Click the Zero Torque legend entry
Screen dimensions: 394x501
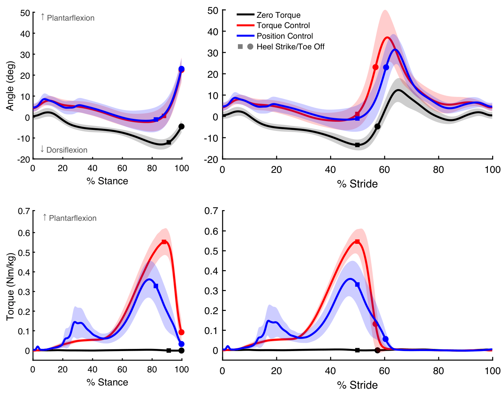tap(278, 15)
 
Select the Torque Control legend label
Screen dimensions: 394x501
tap(283, 26)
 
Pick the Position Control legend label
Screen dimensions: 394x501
tap(285, 36)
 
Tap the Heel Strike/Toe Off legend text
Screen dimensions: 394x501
tap(290, 47)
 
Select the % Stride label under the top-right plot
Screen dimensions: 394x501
tap(357, 184)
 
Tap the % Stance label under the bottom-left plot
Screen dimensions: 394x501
tap(107, 382)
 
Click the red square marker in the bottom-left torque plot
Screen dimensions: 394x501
tap(164, 242)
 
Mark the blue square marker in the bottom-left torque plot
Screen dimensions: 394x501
tap(156, 286)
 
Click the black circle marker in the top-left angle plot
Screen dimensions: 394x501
tap(182, 126)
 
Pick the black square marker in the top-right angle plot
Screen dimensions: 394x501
tap(357, 145)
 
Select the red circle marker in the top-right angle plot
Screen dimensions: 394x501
tap(375, 67)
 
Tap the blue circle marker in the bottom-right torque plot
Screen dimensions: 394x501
tap(386, 339)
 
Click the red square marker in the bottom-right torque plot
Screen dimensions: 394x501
tap(357, 242)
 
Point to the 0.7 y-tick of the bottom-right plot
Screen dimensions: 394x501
tap(211, 211)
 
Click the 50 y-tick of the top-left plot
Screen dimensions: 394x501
tap(25, 13)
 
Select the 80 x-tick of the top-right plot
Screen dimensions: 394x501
tap(438, 170)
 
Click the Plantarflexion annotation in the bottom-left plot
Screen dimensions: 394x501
tap(70, 218)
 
